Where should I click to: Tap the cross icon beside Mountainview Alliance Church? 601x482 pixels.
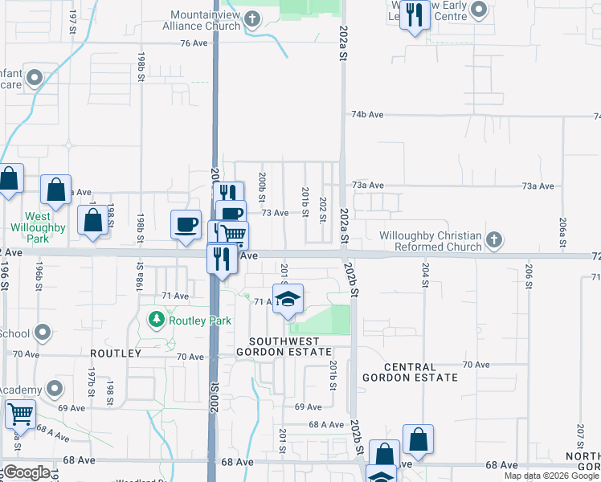[253, 18]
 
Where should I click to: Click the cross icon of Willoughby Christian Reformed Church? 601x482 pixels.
[495, 239]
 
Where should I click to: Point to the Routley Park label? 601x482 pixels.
[200, 321]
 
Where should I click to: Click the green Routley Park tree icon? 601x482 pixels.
[156, 320]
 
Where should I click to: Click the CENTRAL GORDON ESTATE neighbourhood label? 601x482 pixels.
[410, 371]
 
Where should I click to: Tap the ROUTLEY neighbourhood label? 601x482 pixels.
[116, 353]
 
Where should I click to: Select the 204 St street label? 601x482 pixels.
[425, 275]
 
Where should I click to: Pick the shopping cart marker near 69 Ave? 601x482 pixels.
[20, 415]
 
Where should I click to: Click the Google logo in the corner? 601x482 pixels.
[27, 472]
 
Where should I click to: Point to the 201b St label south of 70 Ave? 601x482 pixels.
[332, 376]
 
